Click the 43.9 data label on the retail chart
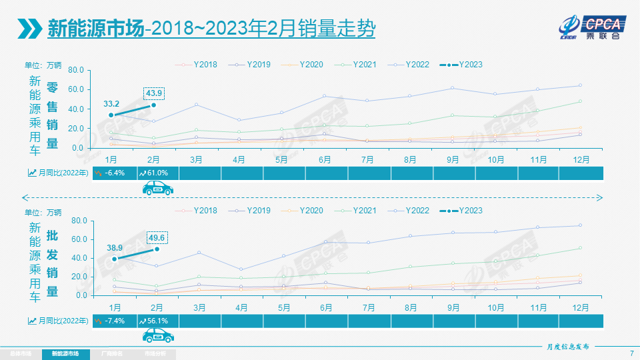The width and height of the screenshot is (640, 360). (153, 93)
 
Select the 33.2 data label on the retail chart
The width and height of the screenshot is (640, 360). (111, 104)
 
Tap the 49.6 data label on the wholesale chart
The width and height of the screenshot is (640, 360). (157, 238)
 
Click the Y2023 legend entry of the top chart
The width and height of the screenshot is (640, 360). (461, 65)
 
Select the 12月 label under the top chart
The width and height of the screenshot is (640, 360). (580, 160)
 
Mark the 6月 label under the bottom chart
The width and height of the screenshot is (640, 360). (326, 307)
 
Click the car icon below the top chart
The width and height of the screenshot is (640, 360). (158, 189)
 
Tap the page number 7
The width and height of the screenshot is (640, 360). (631, 353)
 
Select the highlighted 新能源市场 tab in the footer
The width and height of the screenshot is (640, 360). (65, 353)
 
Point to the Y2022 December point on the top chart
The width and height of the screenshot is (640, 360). (580, 85)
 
